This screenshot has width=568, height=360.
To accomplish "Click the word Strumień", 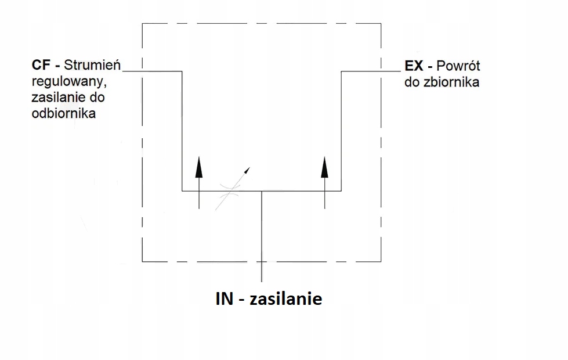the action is [92, 64].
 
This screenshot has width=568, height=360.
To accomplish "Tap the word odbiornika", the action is [64, 113].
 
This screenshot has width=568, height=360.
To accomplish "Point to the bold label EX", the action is [415, 66].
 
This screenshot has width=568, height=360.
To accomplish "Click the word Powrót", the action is [458, 66].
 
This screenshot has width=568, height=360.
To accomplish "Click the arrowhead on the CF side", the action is [198, 166].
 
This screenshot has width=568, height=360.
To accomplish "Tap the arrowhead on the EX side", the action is [324, 166].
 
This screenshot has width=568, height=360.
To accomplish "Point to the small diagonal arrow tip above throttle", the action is [248, 170].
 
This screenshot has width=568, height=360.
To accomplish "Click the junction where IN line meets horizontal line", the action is [262, 190].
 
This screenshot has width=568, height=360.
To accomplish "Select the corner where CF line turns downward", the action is [182, 71].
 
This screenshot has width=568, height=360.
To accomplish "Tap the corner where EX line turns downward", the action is [341, 71].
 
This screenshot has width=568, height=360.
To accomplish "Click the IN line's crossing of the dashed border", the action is [262, 261].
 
